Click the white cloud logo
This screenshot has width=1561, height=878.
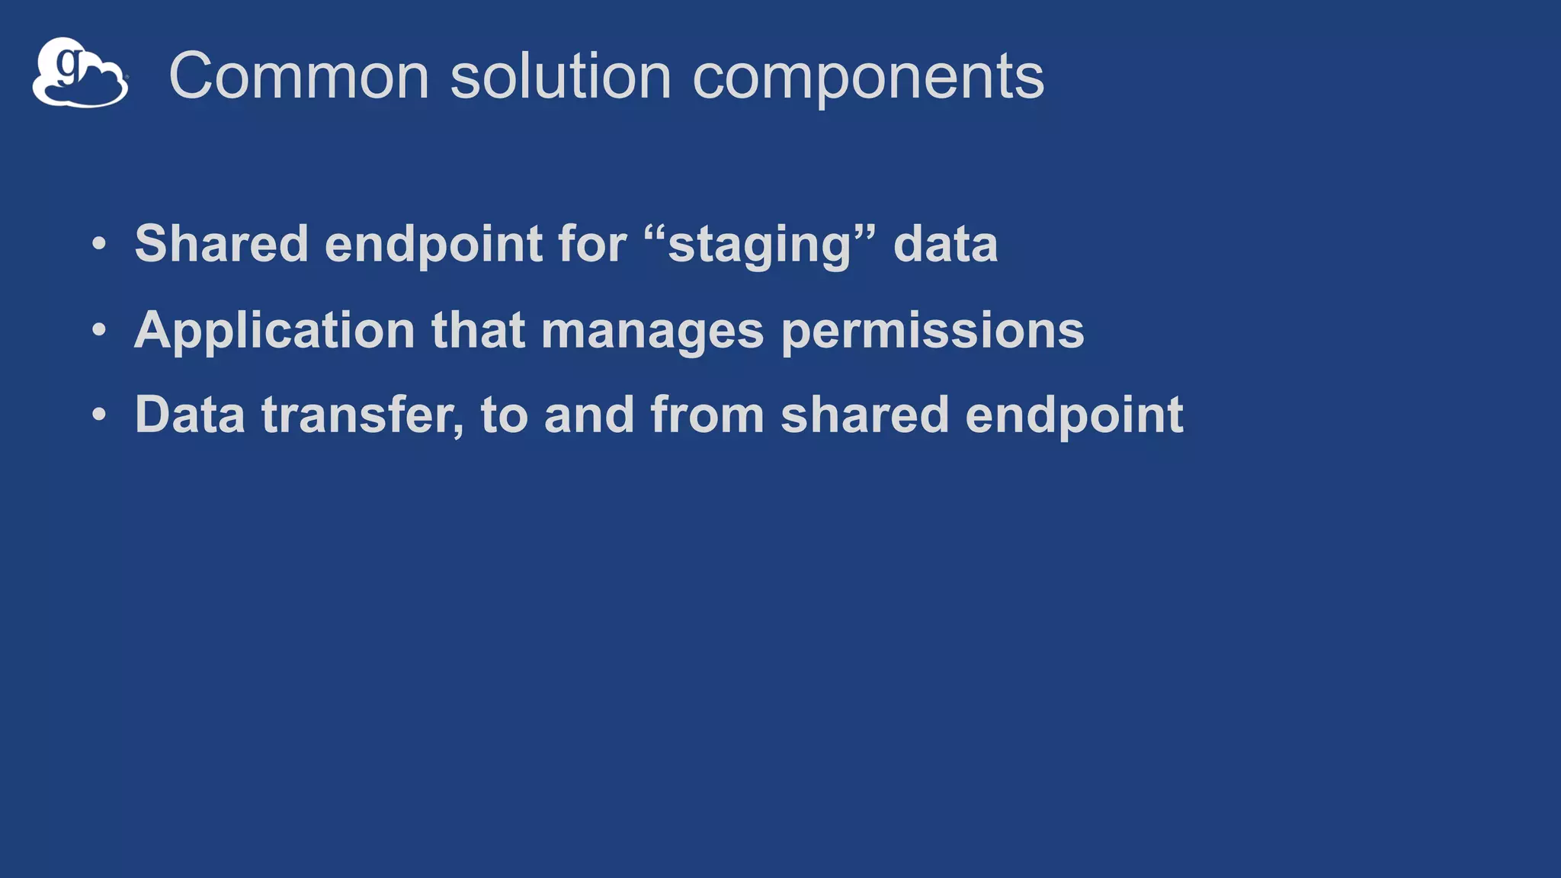(x=80, y=74)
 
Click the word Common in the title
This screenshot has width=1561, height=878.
(x=299, y=75)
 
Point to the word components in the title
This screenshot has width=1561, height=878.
(x=867, y=77)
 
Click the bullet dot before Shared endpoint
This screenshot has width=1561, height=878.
(x=98, y=245)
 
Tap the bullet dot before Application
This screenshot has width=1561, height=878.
(x=98, y=330)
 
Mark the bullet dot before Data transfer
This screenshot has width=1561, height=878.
(x=98, y=415)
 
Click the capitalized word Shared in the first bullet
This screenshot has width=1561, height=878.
(x=221, y=244)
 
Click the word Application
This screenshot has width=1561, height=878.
(x=274, y=331)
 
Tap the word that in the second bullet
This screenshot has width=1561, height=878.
(x=479, y=330)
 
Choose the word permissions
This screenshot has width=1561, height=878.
(x=932, y=331)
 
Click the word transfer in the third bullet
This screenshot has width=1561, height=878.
(x=362, y=415)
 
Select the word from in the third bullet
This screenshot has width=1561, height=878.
(x=707, y=415)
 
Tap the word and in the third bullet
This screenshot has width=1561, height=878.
(x=589, y=415)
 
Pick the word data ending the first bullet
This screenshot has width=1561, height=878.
(x=945, y=244)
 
